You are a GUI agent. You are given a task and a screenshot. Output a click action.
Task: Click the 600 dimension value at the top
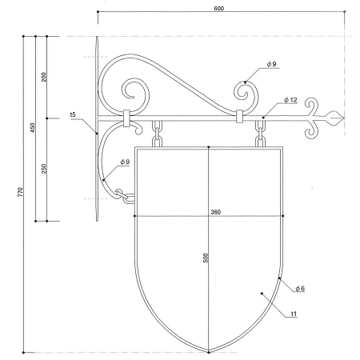tap(219, 9)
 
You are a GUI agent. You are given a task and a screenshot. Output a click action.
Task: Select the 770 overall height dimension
tap(21, 192)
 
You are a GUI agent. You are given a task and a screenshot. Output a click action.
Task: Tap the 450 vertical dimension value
tap(33, 128)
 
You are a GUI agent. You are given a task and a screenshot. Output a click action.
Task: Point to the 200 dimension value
tap(44, 77)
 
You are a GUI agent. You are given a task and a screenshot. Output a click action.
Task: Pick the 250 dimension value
tap(44, 169)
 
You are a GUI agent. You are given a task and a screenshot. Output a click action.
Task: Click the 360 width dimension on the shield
tap(216, 212)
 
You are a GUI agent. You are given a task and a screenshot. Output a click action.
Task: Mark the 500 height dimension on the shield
tap(206, 258)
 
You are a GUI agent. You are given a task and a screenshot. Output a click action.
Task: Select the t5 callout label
tap(73, 114)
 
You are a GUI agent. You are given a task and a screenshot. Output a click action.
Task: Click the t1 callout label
tap(294, 314)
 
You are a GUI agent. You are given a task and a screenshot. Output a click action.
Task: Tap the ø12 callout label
tap(290, 100)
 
